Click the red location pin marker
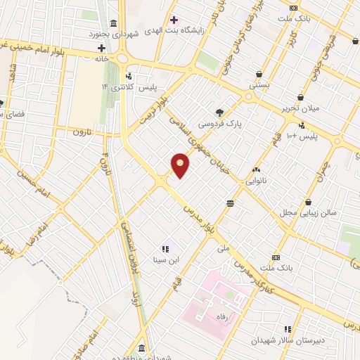click(x=181, y=165)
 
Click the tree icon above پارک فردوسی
click(x=220, y=112)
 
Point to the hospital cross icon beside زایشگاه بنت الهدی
click(x=174, y=20)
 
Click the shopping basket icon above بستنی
click(x=259, y=74)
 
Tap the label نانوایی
click(x=256, y=181)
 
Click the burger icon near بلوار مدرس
click(x=231, y=202)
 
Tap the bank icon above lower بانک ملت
click(x=275, y=257)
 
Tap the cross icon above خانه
click(x=102, y=48)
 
